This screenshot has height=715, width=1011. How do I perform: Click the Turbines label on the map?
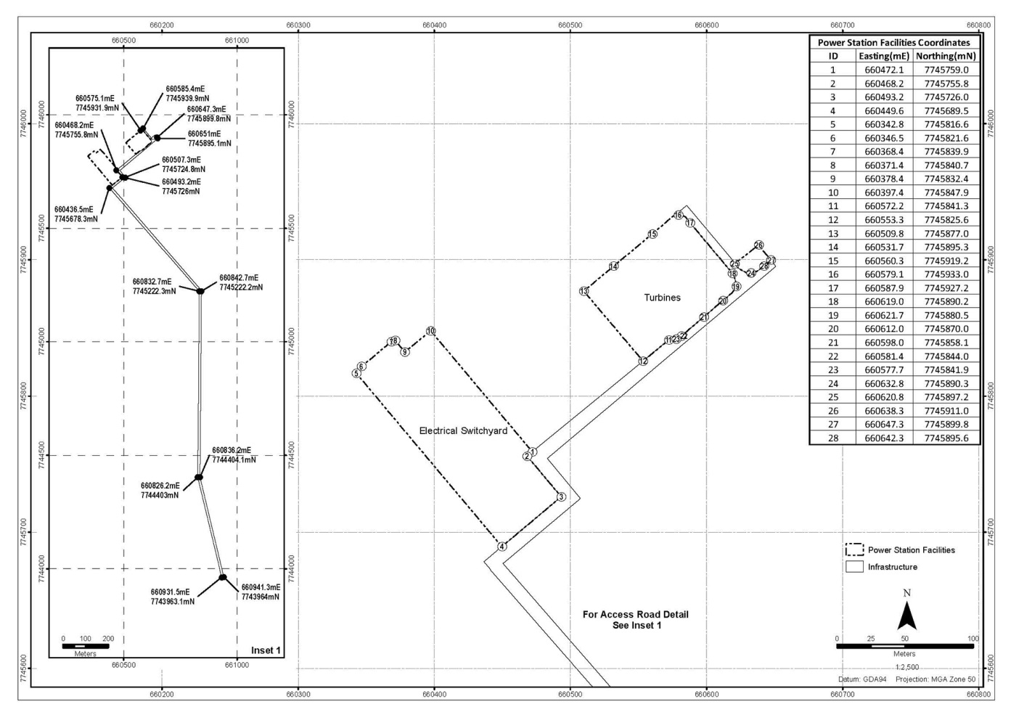662,298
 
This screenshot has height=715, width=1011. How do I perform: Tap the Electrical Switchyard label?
463,430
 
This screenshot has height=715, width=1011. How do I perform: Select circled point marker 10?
431,331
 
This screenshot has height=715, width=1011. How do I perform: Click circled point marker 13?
584,291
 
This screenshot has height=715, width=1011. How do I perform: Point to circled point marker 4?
502,547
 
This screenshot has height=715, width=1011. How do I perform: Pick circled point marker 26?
758,245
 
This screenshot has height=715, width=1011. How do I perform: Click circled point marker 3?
561,497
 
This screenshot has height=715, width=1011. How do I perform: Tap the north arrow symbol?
906,617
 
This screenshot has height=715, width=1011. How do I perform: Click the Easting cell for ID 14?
884,247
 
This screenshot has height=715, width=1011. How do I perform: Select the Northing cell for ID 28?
946,438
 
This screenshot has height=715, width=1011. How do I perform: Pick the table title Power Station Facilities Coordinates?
894,42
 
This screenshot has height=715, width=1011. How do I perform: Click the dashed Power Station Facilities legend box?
854,549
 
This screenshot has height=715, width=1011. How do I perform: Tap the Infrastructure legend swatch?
854,567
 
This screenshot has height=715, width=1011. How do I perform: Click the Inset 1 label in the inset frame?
266,650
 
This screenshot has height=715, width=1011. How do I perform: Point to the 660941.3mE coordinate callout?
261,592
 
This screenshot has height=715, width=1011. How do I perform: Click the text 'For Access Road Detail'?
636,614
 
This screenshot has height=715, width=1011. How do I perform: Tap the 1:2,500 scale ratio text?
907,667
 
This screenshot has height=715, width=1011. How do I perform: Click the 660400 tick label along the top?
435,25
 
